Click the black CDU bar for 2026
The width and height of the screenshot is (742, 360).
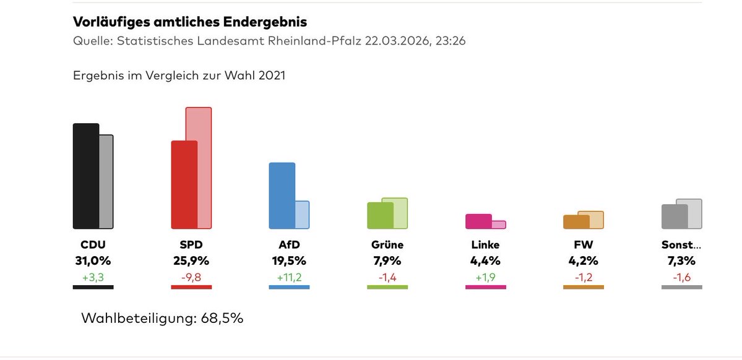coord(85,176)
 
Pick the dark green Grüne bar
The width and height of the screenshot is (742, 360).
coord(380,216)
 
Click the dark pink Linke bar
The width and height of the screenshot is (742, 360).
coord(478,221)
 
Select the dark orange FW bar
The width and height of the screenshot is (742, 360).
coord(576,222)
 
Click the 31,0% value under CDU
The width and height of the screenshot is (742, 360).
coord(93,260)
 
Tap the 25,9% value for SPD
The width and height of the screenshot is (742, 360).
coord(191,260)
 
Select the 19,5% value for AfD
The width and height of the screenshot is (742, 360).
coord(289,260)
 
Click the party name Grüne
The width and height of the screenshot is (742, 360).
coord(387,245)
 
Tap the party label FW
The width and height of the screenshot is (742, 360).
coord(583,245)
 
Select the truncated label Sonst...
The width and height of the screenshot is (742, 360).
coord(681,245)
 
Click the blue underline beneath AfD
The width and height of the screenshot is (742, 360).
coord(289,287)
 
